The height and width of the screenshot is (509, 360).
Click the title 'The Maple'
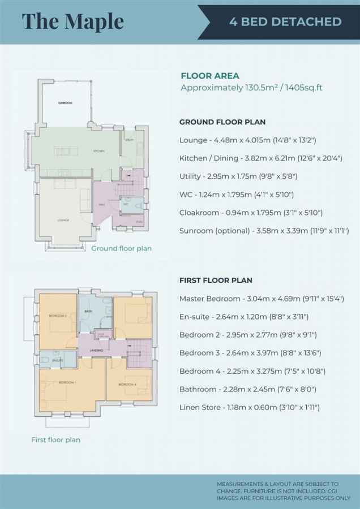pyautogui.click(x=72, y=21)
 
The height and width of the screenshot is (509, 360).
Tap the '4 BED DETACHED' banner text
pyautogui.click(x=285, y=22)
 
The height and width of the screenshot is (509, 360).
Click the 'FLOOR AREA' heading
pyautogui.click(x=209, y=76)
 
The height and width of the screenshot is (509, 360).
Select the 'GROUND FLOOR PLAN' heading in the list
pyautogui.click(x=222, y=122)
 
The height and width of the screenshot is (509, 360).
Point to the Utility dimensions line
pyautogui.click(x=238, y=176)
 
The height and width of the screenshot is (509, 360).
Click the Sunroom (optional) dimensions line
pyautogui.click(x=264, y=231)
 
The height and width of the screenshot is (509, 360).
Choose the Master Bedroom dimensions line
pyautogui.click(x=262, y=299)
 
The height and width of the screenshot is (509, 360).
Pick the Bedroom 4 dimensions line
pyautogui.click(x=252, y=371)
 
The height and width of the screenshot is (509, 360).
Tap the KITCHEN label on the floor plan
pyautogui.click(x=99, y=151)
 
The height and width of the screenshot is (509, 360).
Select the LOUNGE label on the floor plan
pyautogui.click(x=63, y=220)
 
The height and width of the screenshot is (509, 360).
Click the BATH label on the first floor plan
pyautogui.click(x=88, y=311)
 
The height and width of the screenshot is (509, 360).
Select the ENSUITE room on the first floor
pyautogui.click(x=57, y=359)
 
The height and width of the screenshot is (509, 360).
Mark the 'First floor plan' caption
pyautogui.click(x=55, y=439)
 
